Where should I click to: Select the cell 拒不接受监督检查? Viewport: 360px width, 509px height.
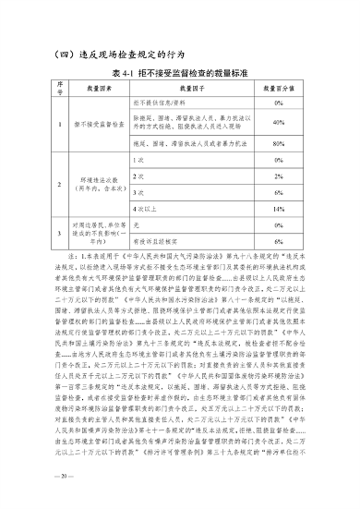point(98,123)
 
